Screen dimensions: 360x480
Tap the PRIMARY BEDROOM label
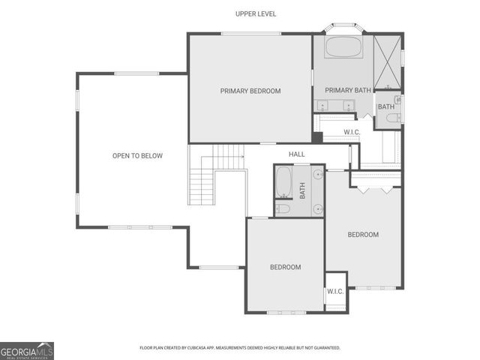(250, 91)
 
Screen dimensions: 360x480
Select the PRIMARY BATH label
(348, 91)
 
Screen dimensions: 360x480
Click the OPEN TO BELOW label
(137, 156)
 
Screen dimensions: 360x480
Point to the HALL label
(297, 154)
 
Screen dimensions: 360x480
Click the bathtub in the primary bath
(343, 49)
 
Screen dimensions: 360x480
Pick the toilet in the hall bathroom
(283, 208)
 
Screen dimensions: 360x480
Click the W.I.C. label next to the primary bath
(352, 133)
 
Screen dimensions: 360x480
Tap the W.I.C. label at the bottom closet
(334, 292)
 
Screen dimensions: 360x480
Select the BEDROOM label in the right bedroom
(363, 235)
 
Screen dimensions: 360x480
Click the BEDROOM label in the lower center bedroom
(285, 267)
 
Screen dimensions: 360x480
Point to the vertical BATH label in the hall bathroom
(303, 190)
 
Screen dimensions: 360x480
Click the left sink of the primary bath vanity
(325, 105)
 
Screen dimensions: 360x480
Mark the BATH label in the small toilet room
(385, 106)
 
